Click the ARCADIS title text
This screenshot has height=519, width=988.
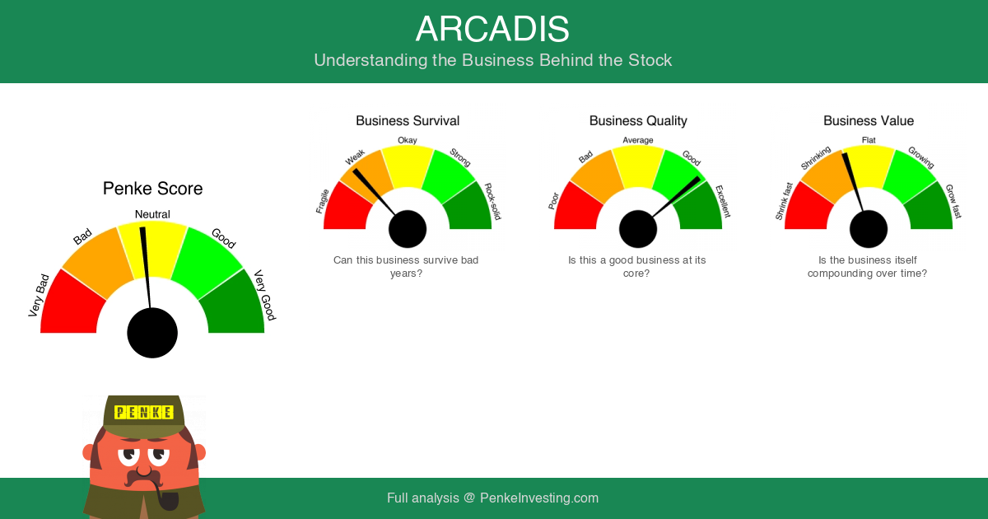(x=492, y=29)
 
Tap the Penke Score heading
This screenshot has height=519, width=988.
(x=152, y=189)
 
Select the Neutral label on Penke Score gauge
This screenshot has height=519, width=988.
(x=152, y=214)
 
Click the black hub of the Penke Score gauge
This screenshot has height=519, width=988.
(x=152, y=333)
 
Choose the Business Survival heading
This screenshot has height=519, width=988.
(x=408, y=121)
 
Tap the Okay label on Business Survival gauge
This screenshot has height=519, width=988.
(x=407, y=140)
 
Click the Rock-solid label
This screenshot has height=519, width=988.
(x=493, y=201)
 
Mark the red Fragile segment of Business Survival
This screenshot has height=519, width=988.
(x=347, y=208)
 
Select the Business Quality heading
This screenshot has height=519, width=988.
(x=638, y=121)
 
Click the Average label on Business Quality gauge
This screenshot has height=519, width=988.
(x=638, y=140)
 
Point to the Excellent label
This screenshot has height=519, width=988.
(x=723, y=202)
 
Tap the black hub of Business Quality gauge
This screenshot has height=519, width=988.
(x=638, y=229)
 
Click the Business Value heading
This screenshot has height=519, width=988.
(x=869, y=121)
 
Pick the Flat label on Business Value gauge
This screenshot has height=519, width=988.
(x=869, y=140)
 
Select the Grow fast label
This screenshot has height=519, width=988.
(x=953, y=201)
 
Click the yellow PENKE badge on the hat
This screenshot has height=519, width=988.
(x=144, y=412)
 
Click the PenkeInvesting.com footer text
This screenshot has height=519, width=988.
(x=539, y=498)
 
